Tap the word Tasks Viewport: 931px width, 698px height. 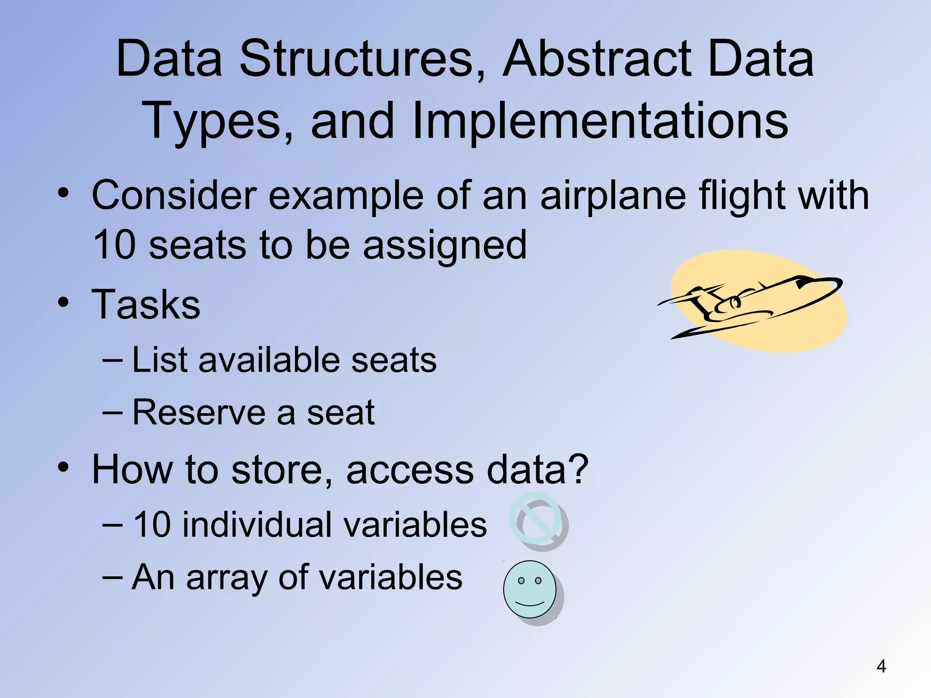(146, 304)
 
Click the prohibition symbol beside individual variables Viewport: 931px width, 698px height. (537, 520)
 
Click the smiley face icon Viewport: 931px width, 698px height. (530, 589)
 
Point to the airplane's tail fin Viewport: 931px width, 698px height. (700, 304)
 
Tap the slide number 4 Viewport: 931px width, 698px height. (881, 667)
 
